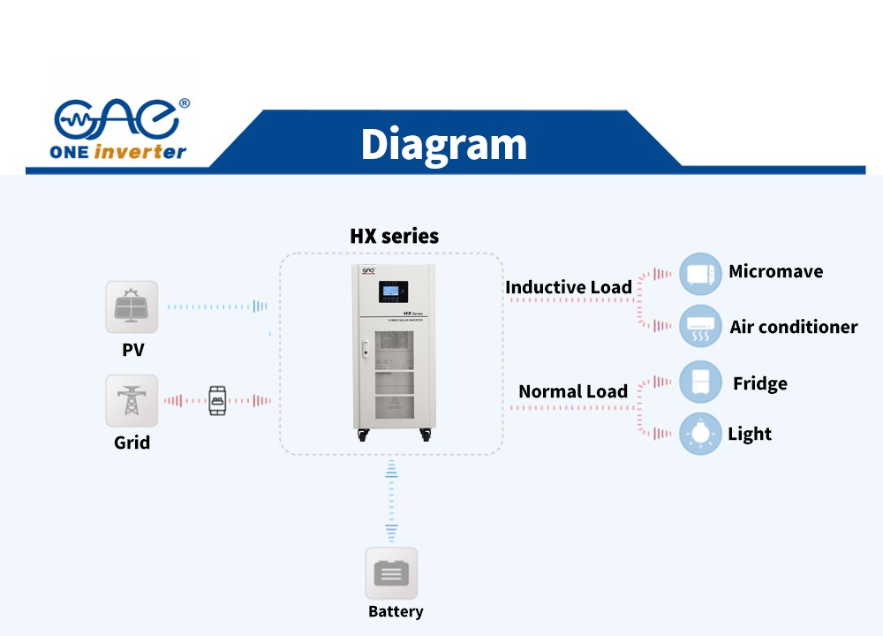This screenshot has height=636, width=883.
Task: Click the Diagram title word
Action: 443,144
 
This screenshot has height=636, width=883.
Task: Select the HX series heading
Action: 394,236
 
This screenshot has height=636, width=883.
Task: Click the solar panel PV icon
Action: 132,307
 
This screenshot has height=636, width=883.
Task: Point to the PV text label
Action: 132,351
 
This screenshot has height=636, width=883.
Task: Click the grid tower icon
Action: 132,400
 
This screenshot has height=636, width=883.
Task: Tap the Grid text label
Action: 132,443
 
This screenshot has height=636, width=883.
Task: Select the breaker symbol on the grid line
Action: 216,400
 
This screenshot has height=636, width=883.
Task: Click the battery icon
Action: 391,573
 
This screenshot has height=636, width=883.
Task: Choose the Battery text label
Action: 395,611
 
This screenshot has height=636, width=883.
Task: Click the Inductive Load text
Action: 568,287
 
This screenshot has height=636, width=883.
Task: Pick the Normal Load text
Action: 572,391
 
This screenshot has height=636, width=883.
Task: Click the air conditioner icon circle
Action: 701,327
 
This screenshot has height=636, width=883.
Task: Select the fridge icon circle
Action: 701,382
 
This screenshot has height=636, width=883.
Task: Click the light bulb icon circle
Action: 701,434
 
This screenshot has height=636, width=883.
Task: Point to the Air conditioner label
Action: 793,327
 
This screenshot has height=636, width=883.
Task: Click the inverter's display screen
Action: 392,291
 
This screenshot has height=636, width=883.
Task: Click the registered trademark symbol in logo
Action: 184,103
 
